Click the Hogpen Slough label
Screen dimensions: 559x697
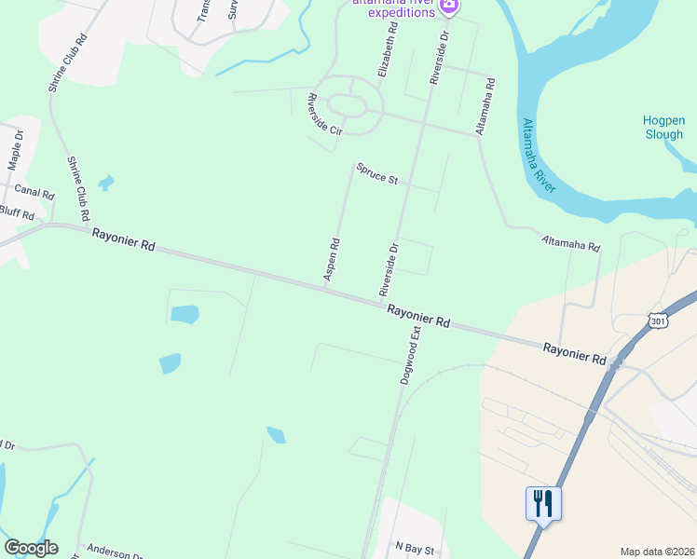(x=663, y=127)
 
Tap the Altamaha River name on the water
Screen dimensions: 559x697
(x=539, y=156)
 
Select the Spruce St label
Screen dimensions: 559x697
(x=376, y=173)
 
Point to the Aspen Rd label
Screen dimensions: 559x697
(x=331, y=259)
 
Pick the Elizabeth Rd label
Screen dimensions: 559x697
(x=388, y=51)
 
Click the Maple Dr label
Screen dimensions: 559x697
(x=15, y=150)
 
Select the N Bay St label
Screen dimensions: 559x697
(x=415, y=549)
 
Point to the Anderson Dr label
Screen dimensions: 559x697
(x=112, y=552)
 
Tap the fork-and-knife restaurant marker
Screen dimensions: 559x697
(x=543, y=504)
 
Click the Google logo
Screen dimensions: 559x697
(x=31, y=548)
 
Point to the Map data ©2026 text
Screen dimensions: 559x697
(x=657, y=552)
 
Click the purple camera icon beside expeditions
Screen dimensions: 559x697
(x=449, y=7)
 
